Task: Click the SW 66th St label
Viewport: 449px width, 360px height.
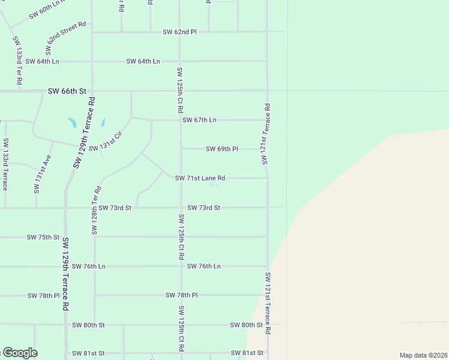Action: (x=67, y=91)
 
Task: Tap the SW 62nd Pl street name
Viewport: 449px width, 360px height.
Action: (x=179, y=31)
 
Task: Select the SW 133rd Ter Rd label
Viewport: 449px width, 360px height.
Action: (x=18, y=60)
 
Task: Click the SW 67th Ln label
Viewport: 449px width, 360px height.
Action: (x=199, y=120)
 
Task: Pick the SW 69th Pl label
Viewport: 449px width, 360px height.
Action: (x=222, y=148)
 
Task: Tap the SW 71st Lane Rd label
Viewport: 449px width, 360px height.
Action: (x=200, y=178)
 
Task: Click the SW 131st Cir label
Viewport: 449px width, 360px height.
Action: (x=105, y=142)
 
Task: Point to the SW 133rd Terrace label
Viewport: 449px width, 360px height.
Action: (x=5, y=164)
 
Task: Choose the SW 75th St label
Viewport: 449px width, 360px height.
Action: (x=43, y=238)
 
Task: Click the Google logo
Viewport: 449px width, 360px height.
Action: (x=19, y=353)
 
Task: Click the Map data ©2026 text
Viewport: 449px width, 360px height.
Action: (x=423, y=355)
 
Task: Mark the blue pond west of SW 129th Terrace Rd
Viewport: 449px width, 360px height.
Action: (x=73, y=123)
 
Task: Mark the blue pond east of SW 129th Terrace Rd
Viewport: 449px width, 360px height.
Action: (x=103, y=122)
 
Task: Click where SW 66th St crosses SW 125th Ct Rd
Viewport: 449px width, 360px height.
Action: (x=180, y=91)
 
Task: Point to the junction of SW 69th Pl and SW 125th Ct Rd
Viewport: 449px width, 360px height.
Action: (x=181, y=148)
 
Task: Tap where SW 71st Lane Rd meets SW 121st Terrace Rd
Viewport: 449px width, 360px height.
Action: (x=268, y=178)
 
